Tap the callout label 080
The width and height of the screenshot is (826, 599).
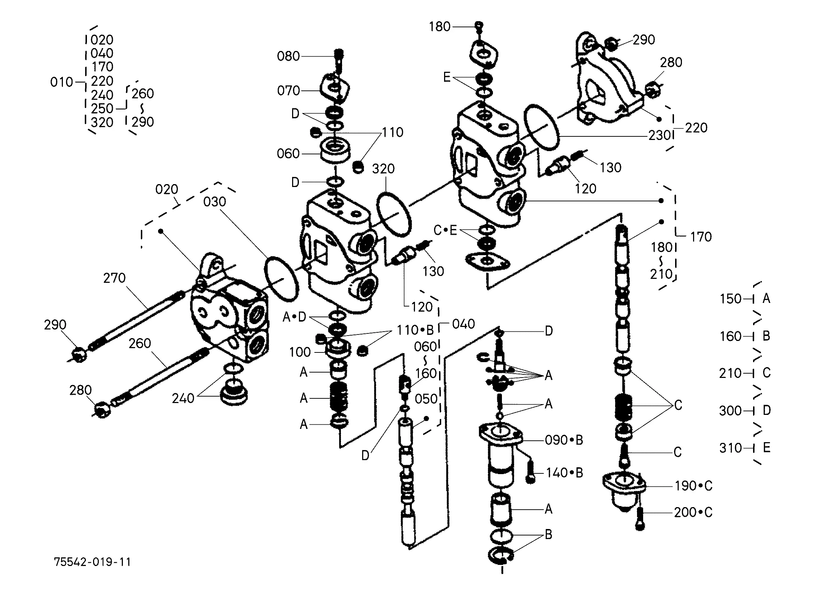288,56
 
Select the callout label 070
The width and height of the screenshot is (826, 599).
288,90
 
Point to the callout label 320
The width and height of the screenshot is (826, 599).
383,168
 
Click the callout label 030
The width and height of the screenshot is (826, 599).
214,202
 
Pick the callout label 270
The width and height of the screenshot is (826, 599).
114,278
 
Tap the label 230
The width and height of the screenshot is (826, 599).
659,135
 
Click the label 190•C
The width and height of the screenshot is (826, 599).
693,486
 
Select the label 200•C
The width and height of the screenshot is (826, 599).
693,513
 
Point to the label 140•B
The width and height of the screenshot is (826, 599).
564,473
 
